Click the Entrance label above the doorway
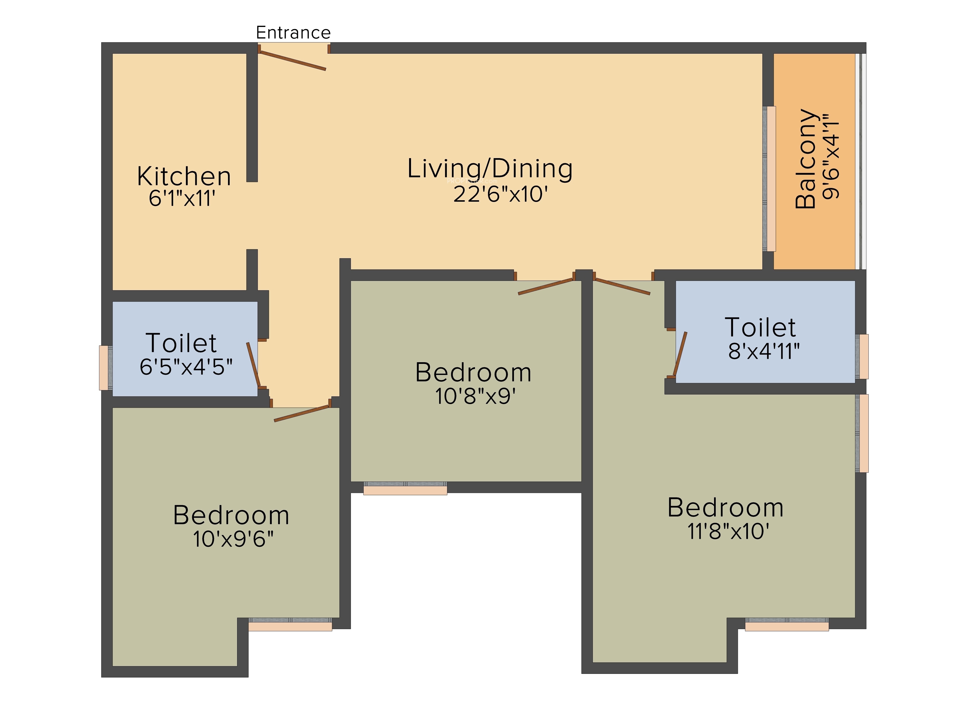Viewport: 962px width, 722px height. (x=293, y=33)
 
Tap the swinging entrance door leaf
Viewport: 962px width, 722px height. (x=292, y=60)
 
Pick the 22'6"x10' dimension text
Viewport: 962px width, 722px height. (x=500, y=194)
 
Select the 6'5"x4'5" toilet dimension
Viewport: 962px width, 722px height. (x=186, y=367)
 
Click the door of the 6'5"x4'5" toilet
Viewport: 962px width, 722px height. (x=253, y=365)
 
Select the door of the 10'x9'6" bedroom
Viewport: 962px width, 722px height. (x=302, y=413)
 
